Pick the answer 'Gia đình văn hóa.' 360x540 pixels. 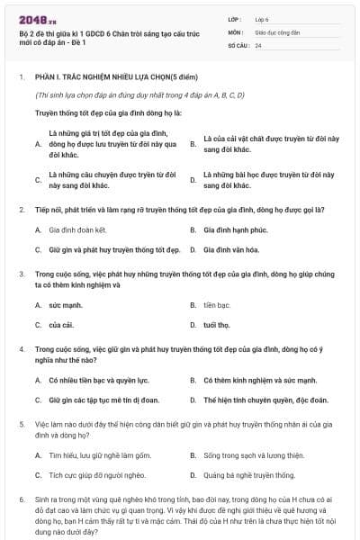click(x=237, y=249)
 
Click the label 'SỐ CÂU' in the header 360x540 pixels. click(x=238, y=44)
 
